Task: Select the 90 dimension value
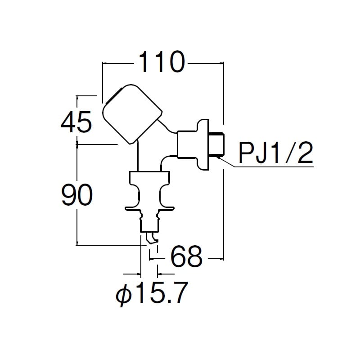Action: click(x=77, y=194)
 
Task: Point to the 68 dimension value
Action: click(x=186, y=257)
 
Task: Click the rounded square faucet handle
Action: click(x=131, y=114)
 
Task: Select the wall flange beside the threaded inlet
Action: click(x=204, y=144)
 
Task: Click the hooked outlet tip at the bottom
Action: click(x=152, y=238)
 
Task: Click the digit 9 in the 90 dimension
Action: click(x=69, y=194)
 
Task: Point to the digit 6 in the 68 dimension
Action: click(x=178, y=257)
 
